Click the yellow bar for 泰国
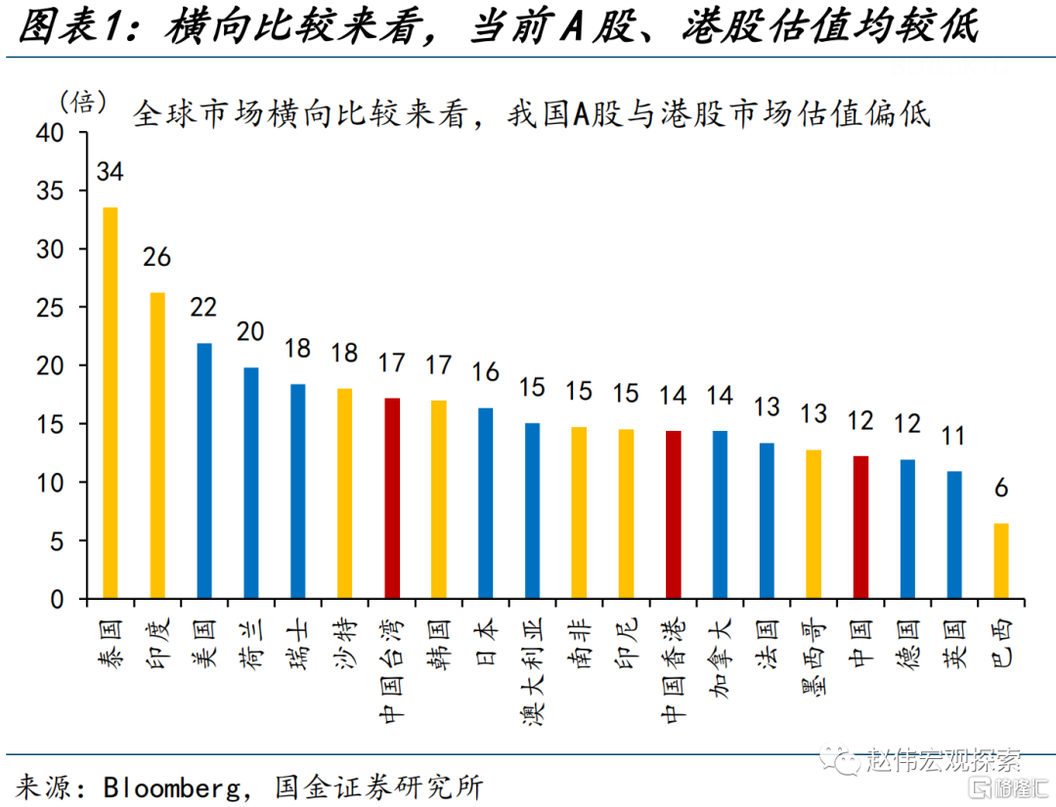click(x=110, y=403)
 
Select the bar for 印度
click(x=156, y=446)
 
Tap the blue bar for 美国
click(x=204, y=471)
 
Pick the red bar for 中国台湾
click(x=392, y=498)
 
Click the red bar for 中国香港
click(x=674, y=514)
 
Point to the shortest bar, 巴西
click(x=1001, y=561)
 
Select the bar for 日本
click(x=486, y=503)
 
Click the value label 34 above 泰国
click(x=110, y=172)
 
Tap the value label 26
click(x=156, y=257)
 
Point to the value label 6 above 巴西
click(x=1001, y=488)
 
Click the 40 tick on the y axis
click(x=50, y=133)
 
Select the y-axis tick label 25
click(x=50, y=308)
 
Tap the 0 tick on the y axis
click(x=58, y=599)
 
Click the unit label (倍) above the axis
click(x=83, y=103)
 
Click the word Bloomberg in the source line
click(x=172, y=787)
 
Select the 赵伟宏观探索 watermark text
click(x=943, y=760)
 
